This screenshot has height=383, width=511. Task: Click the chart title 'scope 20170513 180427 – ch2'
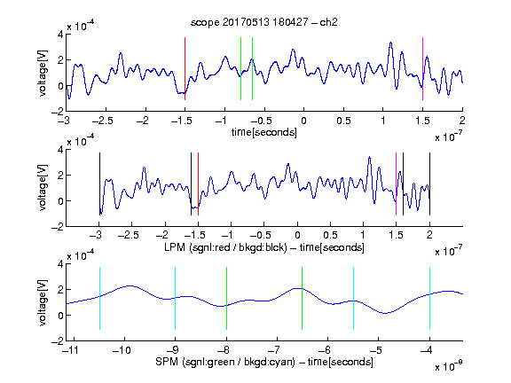pos(264,22)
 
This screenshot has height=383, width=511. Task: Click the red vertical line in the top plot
pos(185,69)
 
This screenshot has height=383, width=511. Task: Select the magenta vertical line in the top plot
pos(422,69)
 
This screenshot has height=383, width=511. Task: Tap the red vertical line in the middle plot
pos(198,184)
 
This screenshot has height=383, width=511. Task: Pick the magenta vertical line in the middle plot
pos(396,184)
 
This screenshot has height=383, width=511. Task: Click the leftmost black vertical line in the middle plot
pos(99,184)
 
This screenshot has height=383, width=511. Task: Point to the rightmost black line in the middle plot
pos(429,184)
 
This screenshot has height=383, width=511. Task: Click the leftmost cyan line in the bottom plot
pos(99,298)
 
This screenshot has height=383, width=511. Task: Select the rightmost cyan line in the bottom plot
pos(429,298)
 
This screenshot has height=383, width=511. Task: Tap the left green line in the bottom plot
pos(226,298)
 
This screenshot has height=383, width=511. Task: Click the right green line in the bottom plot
pos(303,298)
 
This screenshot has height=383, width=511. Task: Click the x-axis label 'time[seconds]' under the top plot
pos(264,132)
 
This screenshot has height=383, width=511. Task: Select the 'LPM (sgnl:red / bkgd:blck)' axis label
pos(225,247)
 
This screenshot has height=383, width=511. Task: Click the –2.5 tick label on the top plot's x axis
pos(103,121)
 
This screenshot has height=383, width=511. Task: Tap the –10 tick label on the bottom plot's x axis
pos(122,350)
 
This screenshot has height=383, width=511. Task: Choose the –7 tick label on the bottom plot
pos(276,350)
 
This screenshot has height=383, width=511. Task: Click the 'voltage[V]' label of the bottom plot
pos(43,302)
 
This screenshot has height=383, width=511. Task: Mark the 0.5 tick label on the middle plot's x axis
pos(330,235)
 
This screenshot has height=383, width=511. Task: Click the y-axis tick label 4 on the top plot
pos(60,34)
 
